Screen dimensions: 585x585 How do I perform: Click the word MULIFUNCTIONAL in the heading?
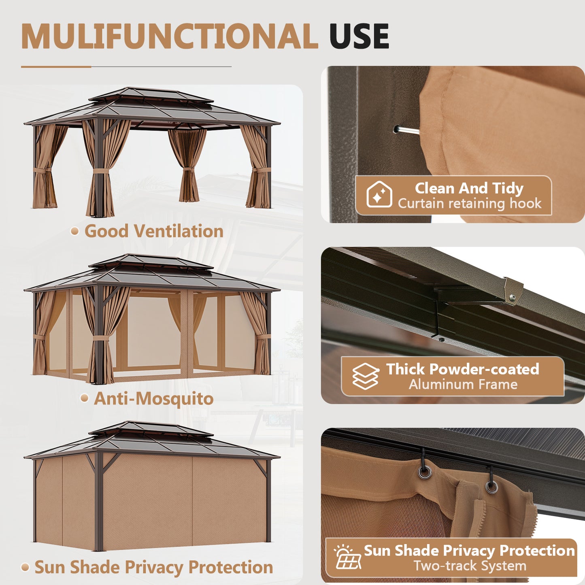tap(169, 36)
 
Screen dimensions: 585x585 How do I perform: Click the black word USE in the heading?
tap(359, 36)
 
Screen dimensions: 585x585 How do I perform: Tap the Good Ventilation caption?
tap(154, 231)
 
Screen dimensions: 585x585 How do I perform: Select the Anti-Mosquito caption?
tap(154, 398)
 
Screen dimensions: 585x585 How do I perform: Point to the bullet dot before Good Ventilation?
tap(74, 231)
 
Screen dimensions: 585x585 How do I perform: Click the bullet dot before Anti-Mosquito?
tap(84, 398)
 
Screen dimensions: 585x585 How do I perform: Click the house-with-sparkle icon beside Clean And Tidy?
tap(379, 195)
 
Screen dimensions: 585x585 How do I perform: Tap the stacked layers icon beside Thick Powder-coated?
tap(365, 376)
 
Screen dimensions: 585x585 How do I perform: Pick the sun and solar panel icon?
tap(347, 557)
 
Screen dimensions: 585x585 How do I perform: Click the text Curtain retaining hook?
tap(470, 203)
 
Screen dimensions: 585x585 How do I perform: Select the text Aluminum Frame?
tap(463, 384)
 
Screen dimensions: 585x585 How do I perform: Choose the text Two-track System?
tap(470, 566)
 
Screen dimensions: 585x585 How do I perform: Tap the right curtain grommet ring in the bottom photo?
tap(491, 486)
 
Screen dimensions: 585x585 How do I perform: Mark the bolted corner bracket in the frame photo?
tap(513, 289)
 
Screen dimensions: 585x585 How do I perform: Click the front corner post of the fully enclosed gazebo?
tap(98, 502)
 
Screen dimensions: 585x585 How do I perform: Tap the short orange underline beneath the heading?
tap(56, 67)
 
